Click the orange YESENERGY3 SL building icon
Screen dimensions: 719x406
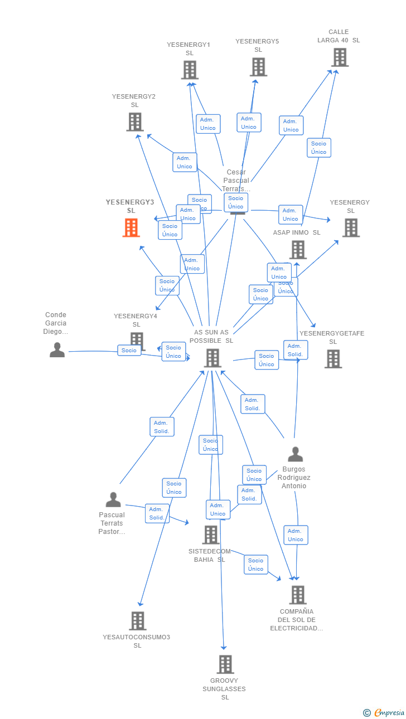pos(131,227)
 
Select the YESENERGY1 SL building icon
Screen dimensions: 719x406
pos(190,70)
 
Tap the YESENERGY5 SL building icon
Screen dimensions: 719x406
pos(258,67)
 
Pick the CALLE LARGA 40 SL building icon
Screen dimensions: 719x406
pos(339,57)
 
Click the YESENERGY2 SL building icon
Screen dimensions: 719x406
pos(134,122)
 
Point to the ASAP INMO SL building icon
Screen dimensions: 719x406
pos(298,249)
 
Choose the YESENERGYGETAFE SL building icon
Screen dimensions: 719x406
pos(333,358)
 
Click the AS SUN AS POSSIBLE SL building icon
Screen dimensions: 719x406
pos(212,358)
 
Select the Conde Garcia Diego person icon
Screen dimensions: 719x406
pos(57,350)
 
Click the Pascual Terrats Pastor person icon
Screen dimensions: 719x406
pos(113,499)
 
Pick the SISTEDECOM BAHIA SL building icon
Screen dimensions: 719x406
pos(210,535)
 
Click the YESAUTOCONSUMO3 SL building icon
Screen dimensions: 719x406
pos(137,620)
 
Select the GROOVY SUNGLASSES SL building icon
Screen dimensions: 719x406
pos(225,664)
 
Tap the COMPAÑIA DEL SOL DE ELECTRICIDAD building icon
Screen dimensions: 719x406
pos(297,595)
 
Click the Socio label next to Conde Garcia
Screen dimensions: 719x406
pos(129,350)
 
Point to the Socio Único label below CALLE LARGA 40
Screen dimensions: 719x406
pos(318,148)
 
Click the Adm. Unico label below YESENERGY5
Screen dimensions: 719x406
pos(249,123)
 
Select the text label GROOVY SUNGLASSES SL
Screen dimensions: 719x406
pos(224,689)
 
